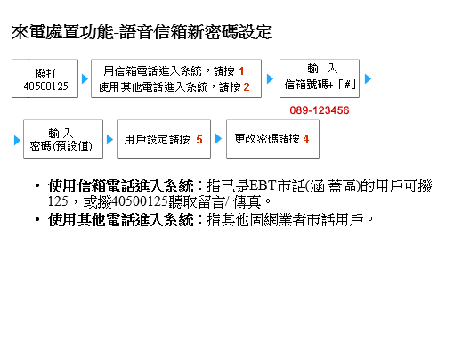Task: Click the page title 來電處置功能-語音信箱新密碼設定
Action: pos(142,32)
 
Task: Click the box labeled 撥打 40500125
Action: pos(45,78)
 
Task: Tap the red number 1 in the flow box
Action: pos(241,71)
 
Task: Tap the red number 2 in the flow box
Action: pos(247,87)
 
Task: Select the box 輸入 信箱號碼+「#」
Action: pos(320,78)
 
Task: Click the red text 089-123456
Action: pos(320,110)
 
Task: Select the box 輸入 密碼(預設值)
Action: pos(63,139)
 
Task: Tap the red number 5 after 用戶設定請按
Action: pos(199,140)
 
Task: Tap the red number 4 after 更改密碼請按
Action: pos(306,139)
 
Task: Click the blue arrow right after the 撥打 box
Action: pos(85,79)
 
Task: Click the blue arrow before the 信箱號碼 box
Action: pos(270,79)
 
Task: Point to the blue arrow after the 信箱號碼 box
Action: pos(369,79)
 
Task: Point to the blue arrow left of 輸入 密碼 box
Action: pos(18,140)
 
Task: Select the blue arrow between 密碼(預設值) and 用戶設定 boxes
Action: pos(109,140)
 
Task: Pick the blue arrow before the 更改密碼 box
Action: pos(218,139)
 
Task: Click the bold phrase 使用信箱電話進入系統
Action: pos(121,186)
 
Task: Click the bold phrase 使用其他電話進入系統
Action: pos(121,219)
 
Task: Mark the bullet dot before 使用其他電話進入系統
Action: pos(37,219)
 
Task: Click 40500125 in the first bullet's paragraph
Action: pos(140,201)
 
